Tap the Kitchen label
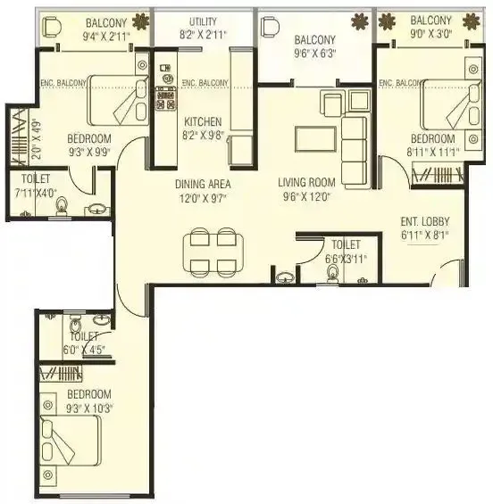click(203, 122)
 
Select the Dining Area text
click(204, 184)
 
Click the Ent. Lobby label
click(425, 221)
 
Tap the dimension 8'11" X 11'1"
click(432, 153)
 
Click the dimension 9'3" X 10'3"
click(88, 409)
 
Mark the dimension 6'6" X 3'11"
click(345, 259)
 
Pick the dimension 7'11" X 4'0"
click(38, 192)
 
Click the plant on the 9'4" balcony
click(140, 21)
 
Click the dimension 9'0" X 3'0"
click(431, 37)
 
